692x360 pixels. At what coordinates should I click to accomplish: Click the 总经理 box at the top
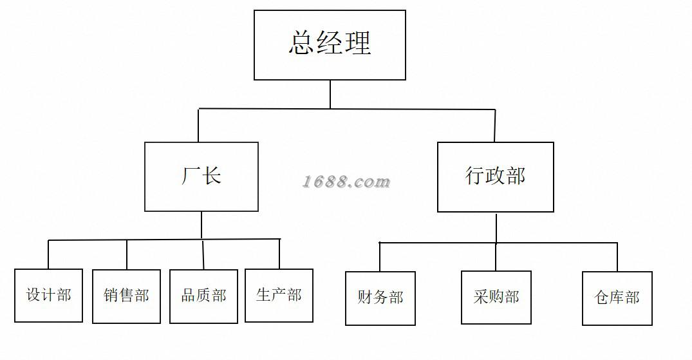point(330,45)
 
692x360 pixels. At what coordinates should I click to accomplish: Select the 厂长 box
point(201,176)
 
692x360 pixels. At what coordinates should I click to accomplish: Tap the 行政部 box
point(495,177)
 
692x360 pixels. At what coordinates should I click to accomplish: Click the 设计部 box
point(48,295)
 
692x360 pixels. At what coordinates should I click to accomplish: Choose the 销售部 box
point(126,296)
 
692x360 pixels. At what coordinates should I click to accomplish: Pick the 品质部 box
point(203,296)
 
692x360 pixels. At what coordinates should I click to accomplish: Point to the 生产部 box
point(279,296)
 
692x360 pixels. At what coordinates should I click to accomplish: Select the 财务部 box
point(380,298)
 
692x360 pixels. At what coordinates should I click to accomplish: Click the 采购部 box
point(496,297)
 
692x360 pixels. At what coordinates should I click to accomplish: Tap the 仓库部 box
point(617,298)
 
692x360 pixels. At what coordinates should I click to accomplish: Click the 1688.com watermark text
point(346,182)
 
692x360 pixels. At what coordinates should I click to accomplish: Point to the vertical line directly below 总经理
point(330,94)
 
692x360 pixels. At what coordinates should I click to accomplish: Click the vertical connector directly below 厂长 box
point(201,225)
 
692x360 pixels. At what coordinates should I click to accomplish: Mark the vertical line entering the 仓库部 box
point(617,257)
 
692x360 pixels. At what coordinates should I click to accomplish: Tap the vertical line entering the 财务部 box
point(380,257)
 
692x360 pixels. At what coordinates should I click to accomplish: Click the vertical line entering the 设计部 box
point(48,254)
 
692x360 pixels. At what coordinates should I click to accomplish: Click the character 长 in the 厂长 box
point(212,176)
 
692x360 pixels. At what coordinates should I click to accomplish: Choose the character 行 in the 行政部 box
point(475,176)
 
